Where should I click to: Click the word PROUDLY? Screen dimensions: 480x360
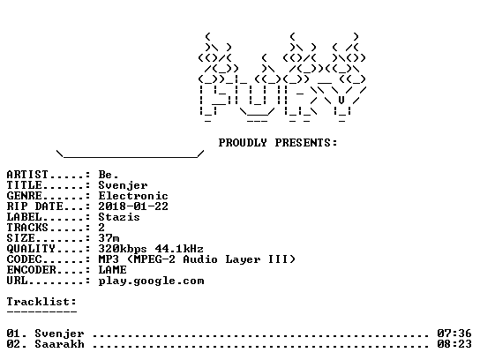(243, 143)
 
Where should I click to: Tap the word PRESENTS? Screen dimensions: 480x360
(306, 143)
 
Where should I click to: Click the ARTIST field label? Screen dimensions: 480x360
(27, 175)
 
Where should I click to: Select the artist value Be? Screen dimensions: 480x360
(109, 175)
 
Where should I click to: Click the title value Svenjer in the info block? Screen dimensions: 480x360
(123, 185)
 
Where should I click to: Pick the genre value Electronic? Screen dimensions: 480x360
(133, 196)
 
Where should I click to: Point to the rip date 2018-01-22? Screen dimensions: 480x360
(133, 206)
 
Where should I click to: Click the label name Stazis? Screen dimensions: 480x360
(119, 217)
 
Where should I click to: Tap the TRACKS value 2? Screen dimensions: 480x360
(101, 228)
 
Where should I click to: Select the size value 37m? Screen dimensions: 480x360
(109, 238)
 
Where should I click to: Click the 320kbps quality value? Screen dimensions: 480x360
(123, 249)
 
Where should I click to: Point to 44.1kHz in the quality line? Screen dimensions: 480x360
(179, 249)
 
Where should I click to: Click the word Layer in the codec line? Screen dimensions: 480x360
(243, 260)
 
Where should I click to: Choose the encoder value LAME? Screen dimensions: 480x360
(112, 270)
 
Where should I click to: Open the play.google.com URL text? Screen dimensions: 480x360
(151, 281)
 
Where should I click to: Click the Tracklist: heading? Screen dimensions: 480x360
(41, 302)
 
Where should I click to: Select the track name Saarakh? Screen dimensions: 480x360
(59, 344)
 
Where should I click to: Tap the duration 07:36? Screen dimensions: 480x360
(454, 334)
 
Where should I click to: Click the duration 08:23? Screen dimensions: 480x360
(454, 344)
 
